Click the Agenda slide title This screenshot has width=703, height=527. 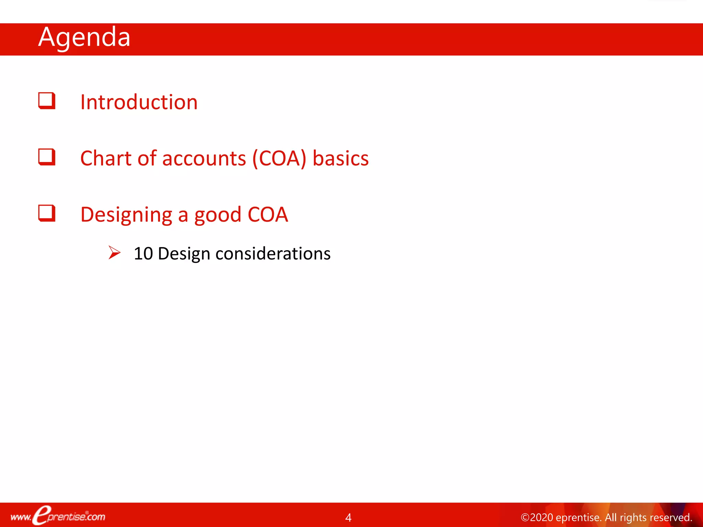click(84, 37)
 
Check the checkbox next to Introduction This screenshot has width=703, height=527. click(47, 101)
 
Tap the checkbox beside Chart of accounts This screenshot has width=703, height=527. click(47, 157)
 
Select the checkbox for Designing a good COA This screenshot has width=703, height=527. click(47, 213)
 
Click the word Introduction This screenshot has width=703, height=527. click(139, 102)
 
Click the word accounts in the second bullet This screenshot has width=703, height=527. click(204, 159)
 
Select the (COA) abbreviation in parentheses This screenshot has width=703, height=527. click(279, 159)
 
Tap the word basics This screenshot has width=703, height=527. click(341, 158)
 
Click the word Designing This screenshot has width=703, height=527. click(126, 215)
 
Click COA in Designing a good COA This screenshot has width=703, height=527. click(268, 214)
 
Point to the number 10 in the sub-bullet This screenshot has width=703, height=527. click(143, 254)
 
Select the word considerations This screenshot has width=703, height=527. click(273, 254)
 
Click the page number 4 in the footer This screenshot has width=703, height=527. click(348, 517)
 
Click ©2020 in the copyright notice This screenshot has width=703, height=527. click(537, 517)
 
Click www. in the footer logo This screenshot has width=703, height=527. click(21, 517)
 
